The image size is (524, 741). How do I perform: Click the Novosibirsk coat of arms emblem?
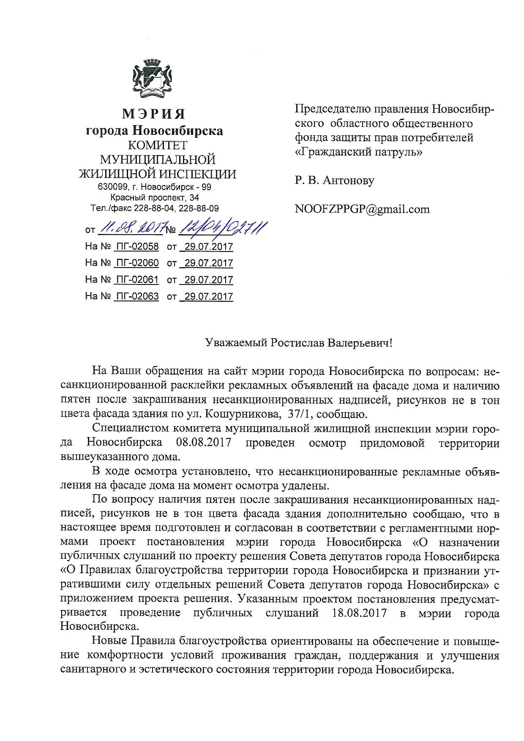pyautogui.click(x=154, y=79)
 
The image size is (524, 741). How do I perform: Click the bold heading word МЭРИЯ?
pyautogui.click(x=154, y=114)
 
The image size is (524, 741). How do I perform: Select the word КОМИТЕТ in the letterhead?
pyautogui.click(x=157, y=146)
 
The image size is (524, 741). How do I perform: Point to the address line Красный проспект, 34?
pyautogui.click(x=155, y=197)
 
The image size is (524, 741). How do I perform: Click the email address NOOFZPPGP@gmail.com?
pyautogui.click(x=362, y=209)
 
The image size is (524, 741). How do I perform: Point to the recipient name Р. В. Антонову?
pyautogui.click(x=334, y=181)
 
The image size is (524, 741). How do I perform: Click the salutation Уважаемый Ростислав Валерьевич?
pyautogui.click(x=299, y=342)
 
